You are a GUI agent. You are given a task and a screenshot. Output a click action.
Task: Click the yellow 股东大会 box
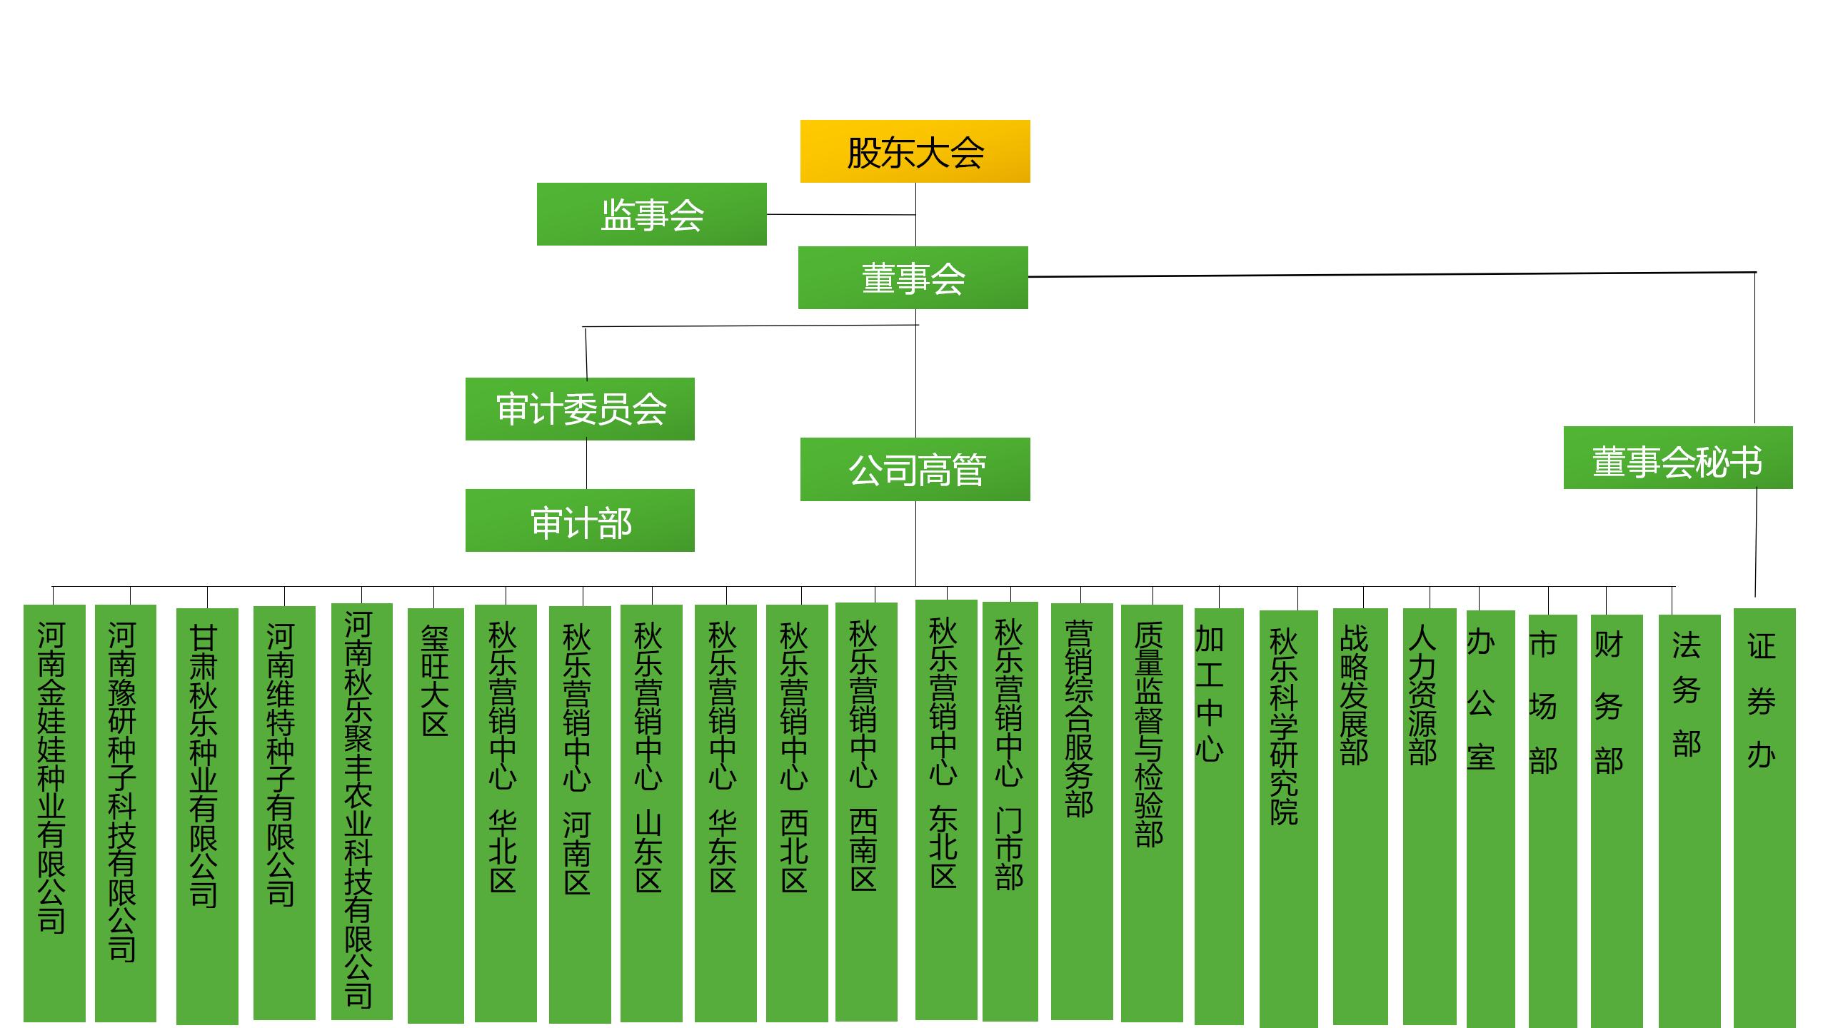tap(915, 151)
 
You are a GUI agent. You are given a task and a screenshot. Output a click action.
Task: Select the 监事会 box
tap(651, 214)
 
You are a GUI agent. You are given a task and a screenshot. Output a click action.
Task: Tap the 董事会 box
tap(913, 278)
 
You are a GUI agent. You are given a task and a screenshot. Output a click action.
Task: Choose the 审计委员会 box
tap(580, 409)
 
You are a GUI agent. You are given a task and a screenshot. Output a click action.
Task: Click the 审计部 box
tap(580, 520)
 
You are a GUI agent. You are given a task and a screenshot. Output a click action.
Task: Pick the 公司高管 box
tap(915, 469)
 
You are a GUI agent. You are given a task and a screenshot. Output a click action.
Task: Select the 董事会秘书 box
tap(1677, 458)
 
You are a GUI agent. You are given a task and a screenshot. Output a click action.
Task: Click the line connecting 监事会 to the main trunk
tap(840, 214)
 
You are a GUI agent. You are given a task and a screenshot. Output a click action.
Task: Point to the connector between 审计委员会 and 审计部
tap(586, 464)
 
